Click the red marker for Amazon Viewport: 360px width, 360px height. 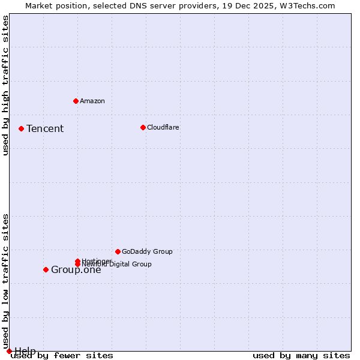(76, 101)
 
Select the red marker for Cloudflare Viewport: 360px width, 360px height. (143, 127)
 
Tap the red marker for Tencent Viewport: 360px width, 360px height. (21, 128)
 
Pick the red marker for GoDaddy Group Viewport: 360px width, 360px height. (118, 251)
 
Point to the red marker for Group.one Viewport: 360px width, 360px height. (46, 269)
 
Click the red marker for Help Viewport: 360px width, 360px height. (9, 351)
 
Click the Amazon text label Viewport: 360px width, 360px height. (92, 101)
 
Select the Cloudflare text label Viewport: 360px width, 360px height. (163, 127)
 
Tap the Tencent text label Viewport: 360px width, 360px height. (45, 128)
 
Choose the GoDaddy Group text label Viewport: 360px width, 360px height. (147, 251)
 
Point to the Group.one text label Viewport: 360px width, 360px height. (76, 269)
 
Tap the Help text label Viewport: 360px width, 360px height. (25, 350)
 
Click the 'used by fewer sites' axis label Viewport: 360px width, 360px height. (62, 355)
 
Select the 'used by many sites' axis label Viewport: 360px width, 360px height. (301, 355)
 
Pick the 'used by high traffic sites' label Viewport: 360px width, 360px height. (6, 85)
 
